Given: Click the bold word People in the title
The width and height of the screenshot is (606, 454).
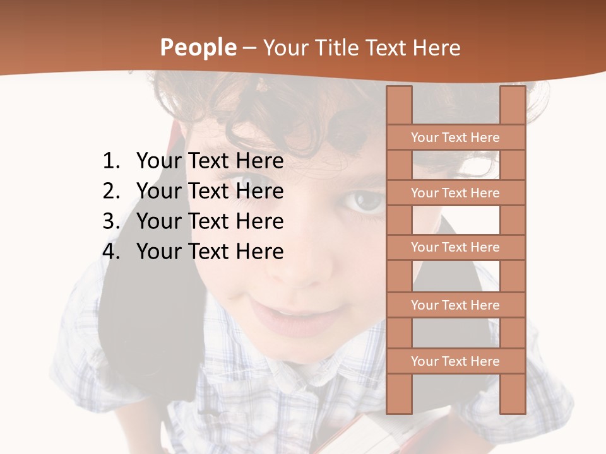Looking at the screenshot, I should coord(198,48).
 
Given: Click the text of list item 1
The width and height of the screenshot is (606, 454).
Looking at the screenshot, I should coord(210,161).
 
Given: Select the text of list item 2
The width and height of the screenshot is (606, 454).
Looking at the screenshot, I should coord(210,191).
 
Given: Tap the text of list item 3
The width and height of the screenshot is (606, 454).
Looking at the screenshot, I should coord(210,221).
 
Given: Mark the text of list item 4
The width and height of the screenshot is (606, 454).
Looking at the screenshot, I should coord(210,252).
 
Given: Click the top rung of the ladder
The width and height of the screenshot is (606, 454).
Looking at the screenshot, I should coord(455,137).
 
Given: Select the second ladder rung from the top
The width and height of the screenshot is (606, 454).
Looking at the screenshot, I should coord(455,193).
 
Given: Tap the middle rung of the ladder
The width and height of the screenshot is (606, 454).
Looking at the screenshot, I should coord(455,247).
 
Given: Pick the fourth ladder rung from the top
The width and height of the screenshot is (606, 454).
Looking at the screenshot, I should coord(455,305).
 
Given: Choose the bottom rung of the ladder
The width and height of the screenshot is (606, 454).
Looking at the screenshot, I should coord(455,361).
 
